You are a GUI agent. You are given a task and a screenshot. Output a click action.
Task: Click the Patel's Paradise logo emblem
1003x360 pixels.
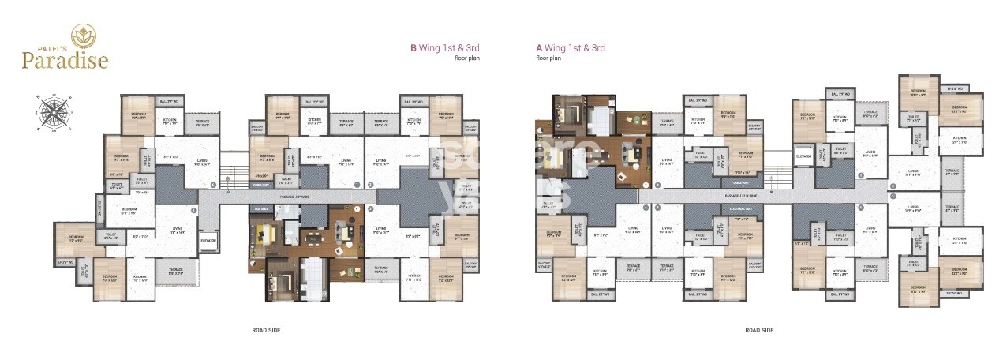coord(82,35)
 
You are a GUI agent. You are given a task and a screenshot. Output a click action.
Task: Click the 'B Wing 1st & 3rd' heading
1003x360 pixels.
coord(444,47)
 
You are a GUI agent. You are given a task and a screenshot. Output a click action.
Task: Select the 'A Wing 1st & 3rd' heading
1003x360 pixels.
coord(571,47)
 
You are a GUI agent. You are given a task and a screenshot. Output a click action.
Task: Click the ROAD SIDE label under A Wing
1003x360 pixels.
coord(759,330)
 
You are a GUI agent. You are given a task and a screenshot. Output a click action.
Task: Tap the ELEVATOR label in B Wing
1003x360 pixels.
coord(208,240)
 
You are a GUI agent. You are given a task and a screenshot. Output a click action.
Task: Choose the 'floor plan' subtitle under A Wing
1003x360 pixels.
coord(548,58)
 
